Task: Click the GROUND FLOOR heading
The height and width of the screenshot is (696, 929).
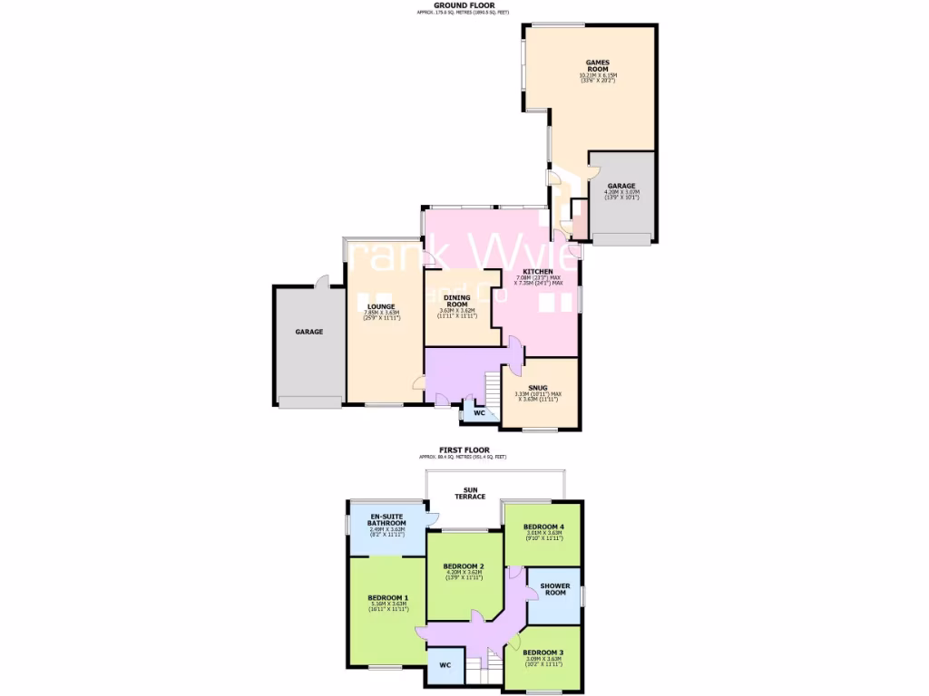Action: click(464, 5)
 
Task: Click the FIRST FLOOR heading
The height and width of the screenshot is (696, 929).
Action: click(464, 449)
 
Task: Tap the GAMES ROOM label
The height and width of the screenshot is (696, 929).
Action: click(597, 65)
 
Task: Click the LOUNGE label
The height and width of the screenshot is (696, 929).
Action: click(381, 306)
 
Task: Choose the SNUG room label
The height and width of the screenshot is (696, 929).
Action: click(538, 387)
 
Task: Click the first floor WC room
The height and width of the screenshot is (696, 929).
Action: click(445, 665)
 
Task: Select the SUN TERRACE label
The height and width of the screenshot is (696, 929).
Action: click(470, 493)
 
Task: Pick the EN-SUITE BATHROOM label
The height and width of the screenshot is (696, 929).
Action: click(386, 520)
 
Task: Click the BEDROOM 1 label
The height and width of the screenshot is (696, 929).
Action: click(387, 598)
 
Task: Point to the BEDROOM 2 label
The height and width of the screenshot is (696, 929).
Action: click(464, 566)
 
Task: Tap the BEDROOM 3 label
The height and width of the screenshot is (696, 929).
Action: click(543, 652)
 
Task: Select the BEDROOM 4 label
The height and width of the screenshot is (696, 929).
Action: click(543, 527)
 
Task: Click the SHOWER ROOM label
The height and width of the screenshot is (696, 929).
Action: click(554, 589)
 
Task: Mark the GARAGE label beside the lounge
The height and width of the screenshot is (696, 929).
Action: click(308, 332)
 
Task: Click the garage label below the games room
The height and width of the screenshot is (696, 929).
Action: click(621, 186)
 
